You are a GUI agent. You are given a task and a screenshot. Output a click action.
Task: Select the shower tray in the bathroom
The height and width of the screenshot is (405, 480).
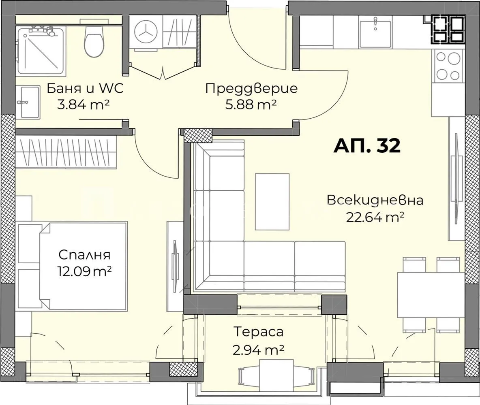click(x=41, y=51)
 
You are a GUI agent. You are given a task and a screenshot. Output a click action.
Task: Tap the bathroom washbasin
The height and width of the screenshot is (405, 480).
click(x=28, y=101)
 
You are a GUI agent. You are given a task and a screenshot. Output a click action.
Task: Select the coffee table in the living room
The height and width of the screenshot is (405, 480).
click(x=272, y=202)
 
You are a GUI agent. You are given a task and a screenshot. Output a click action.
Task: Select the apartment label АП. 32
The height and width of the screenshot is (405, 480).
click(x=367, y=145)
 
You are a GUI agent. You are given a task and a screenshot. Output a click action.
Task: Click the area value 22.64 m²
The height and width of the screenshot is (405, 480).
click(x=375, y=217)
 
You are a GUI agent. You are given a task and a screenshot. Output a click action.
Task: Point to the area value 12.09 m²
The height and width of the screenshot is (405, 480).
click(x=84, y=271)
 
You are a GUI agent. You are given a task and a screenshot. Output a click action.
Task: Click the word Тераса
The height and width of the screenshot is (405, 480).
click(x=258, y=332)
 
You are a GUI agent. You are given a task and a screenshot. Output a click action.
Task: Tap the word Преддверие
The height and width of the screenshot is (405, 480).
click(x=251, y=88)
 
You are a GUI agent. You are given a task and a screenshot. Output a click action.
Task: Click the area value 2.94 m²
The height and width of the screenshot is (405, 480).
click(x=258, y=350)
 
